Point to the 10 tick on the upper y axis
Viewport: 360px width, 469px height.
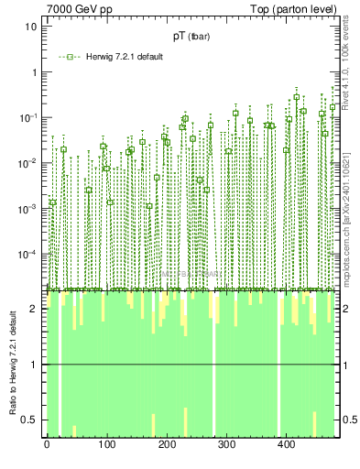(x=31, y=26)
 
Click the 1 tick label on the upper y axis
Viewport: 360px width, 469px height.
(x=34, y=71)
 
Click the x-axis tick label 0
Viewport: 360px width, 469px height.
(x=47, y=444)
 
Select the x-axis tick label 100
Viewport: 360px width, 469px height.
(x=106, y=444)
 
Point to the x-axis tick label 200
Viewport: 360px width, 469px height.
(x=166, y=444)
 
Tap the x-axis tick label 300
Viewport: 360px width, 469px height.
(x=226, y=444)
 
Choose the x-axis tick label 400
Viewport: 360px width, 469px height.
(x=286, y=444)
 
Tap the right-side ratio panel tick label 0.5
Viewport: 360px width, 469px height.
(x=350, y=420)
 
